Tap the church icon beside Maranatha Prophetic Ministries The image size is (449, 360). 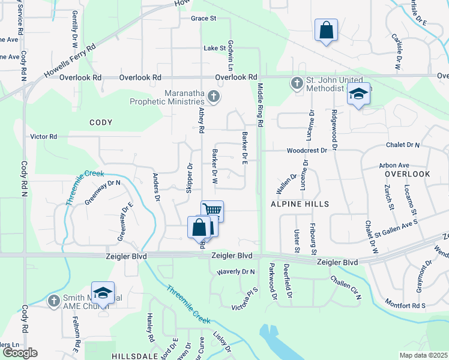click(212, 96)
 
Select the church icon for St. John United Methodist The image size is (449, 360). click(297, 83)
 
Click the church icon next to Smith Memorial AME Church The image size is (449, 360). click(53, 300)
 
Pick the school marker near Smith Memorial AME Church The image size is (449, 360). click(103, 293)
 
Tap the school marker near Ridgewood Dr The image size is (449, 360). click(358, 94)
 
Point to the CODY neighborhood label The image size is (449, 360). click(101, 122)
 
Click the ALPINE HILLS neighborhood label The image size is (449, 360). click(300, 204)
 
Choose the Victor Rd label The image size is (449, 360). click(44, 137)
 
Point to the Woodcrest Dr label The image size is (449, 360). click(306, 151)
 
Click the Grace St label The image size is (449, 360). click(203, 19)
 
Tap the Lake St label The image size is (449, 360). click(214, 48)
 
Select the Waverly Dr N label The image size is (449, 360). click(236, 272)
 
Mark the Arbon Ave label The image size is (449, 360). click(394, 165)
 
